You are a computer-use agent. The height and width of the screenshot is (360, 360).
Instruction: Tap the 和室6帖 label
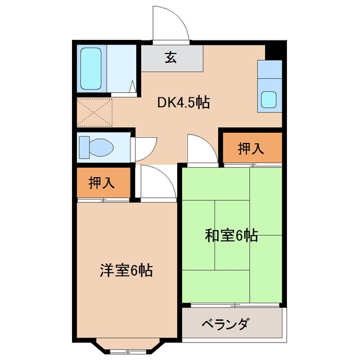(x=231, y=236)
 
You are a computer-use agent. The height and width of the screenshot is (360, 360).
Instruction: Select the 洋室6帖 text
(x=125, y=270)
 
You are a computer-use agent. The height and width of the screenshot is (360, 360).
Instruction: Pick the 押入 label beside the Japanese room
(x=250, y=148)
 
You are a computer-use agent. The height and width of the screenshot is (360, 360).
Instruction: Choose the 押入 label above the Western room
(x=102, y=183)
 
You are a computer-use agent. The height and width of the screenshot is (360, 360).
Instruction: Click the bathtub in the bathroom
(x=90, y=68)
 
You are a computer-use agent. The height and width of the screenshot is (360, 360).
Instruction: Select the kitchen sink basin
(x=268, y=100)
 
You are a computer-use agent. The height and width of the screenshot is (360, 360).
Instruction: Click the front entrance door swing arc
(x=172, y=25)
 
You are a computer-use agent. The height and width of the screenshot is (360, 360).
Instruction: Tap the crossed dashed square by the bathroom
(x=95, y=112)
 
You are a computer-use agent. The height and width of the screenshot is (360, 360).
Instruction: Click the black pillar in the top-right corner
(x=274, y=51)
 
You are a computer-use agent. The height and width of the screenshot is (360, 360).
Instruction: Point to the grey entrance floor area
(x=172, y=58)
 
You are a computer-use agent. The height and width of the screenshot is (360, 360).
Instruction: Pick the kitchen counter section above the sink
(x=268, y=72)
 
